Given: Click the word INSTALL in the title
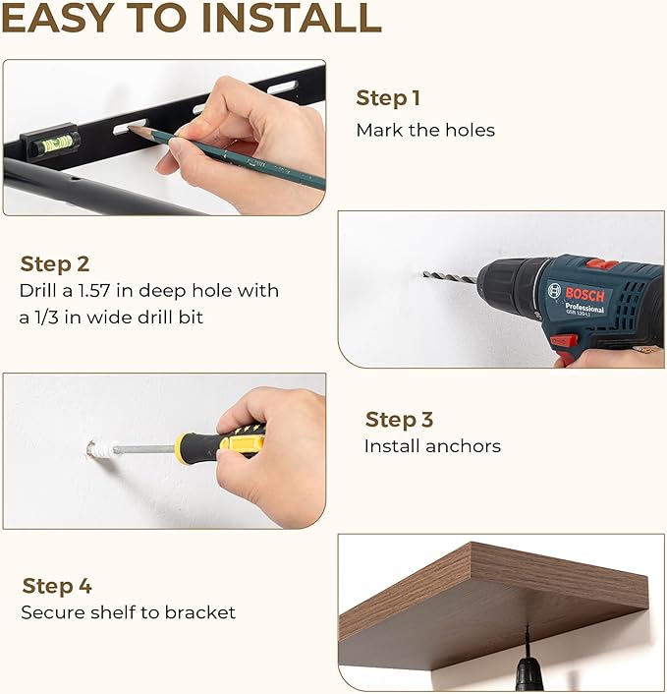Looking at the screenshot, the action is (x=291, y=18).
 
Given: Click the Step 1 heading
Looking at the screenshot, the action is (x=388, y=98).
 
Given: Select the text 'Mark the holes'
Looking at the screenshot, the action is (x=425, y=130).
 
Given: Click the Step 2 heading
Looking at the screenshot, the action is (x=55, y=263).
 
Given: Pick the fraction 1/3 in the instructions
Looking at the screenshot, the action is (x=45, y=318).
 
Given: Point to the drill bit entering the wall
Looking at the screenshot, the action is (x=449, y=277).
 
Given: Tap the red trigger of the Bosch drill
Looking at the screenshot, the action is (x=565, y=341).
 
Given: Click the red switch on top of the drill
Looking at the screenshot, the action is (x=602, y=264).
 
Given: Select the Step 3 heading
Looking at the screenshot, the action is (x=399, y=420).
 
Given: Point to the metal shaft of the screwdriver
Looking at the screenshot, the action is (x=143, y=449).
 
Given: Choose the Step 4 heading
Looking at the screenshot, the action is (x=57, y=586).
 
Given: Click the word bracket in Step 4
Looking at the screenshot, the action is (x=200, y=612).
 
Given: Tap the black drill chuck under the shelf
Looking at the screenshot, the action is (x=529, y=675).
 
